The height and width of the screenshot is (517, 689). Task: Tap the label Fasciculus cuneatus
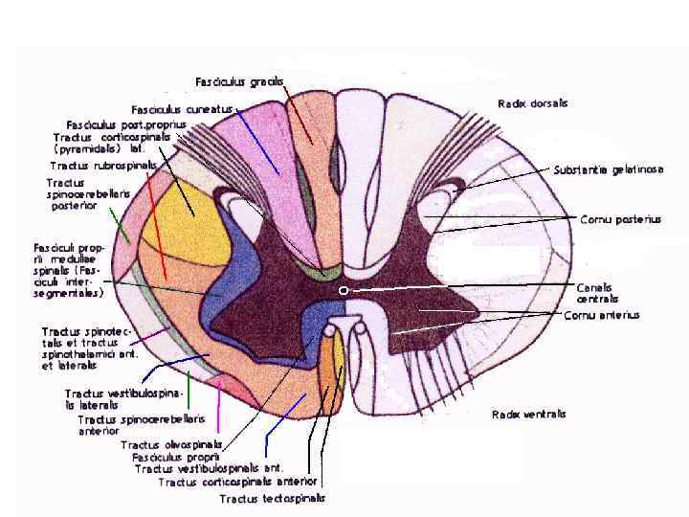(183, 109)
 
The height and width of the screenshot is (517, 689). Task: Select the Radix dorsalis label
(533, 102)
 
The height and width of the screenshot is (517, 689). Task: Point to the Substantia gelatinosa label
(609, 169)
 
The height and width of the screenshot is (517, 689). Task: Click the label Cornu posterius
(620, 219)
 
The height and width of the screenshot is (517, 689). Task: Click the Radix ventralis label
(528, 415)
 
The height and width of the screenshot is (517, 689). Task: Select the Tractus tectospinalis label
(272, 498)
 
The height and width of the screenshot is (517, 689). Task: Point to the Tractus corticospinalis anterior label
(237, 482)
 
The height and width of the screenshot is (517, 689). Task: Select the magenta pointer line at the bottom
(219, 407)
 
